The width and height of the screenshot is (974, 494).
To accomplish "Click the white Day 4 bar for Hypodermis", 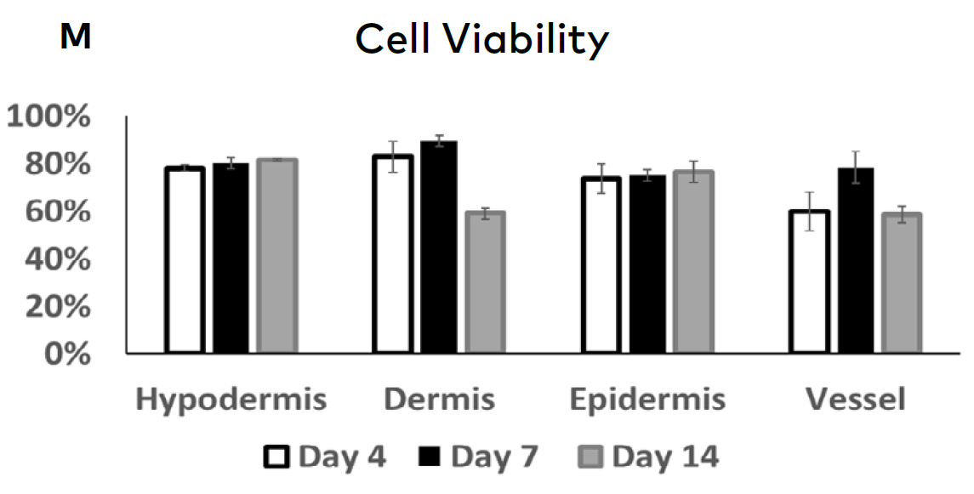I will point(185,260).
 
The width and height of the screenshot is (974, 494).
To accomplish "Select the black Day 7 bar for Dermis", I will point(438,247).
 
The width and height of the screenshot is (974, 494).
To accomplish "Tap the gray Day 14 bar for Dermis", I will point(485,282).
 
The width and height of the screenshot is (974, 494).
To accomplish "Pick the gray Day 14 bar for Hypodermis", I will point(276,255).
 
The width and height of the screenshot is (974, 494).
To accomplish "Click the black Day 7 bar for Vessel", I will point(855,260).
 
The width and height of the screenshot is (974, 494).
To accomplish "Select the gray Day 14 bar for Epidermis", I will point(693,262).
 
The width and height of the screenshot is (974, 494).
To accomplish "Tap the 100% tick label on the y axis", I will point(49,116).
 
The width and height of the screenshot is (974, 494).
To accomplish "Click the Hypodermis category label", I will point(232,400).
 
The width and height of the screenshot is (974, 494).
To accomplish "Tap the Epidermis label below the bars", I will point(647,400).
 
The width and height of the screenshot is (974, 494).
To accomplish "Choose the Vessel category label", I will point(857,400).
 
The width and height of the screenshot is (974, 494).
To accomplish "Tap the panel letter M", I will point(76,37).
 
